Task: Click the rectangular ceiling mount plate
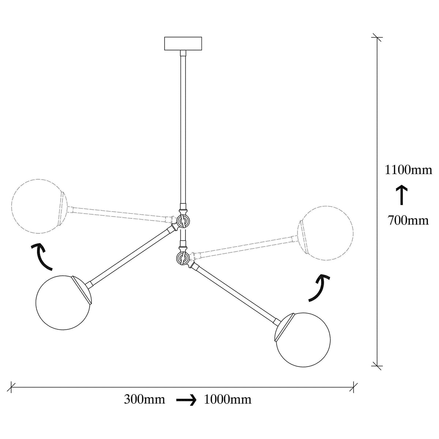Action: tap(183, 43)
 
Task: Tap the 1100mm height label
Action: tap(408, 170)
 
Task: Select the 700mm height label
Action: tap(408, 220)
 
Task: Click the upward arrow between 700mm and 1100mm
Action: tap(401, 195)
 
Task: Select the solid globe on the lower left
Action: tap(63, 303)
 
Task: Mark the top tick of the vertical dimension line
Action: tap(377, 37)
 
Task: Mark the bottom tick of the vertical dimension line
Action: tap(377, 372)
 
